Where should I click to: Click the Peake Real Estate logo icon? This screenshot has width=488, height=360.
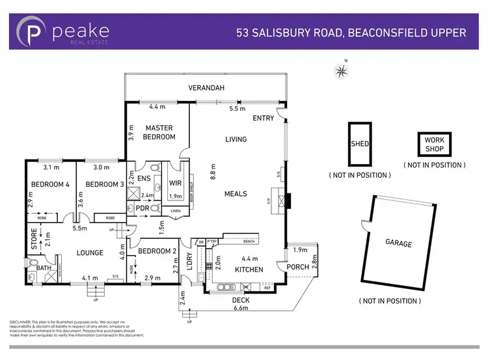pos(34,32)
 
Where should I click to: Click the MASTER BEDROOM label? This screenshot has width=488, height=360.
pos(160,132)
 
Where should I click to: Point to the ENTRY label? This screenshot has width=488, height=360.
pos(264,118)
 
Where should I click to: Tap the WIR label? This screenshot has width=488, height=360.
pos(175,184)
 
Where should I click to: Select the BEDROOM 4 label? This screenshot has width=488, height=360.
pos(49,184)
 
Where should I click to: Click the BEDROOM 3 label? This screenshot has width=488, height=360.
pos(105,184)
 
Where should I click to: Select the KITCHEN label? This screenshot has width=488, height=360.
pos(249,270)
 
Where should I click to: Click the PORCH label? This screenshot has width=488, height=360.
pos(298,267)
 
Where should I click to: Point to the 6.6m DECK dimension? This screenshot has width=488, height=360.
pos(241,308)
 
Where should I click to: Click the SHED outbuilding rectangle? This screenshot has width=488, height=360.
pos(360,145)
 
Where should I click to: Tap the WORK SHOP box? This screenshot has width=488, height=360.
pos(434,145)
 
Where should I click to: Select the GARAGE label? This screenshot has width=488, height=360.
pos(399,243)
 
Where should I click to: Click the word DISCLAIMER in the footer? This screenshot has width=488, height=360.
pos(23,322)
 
